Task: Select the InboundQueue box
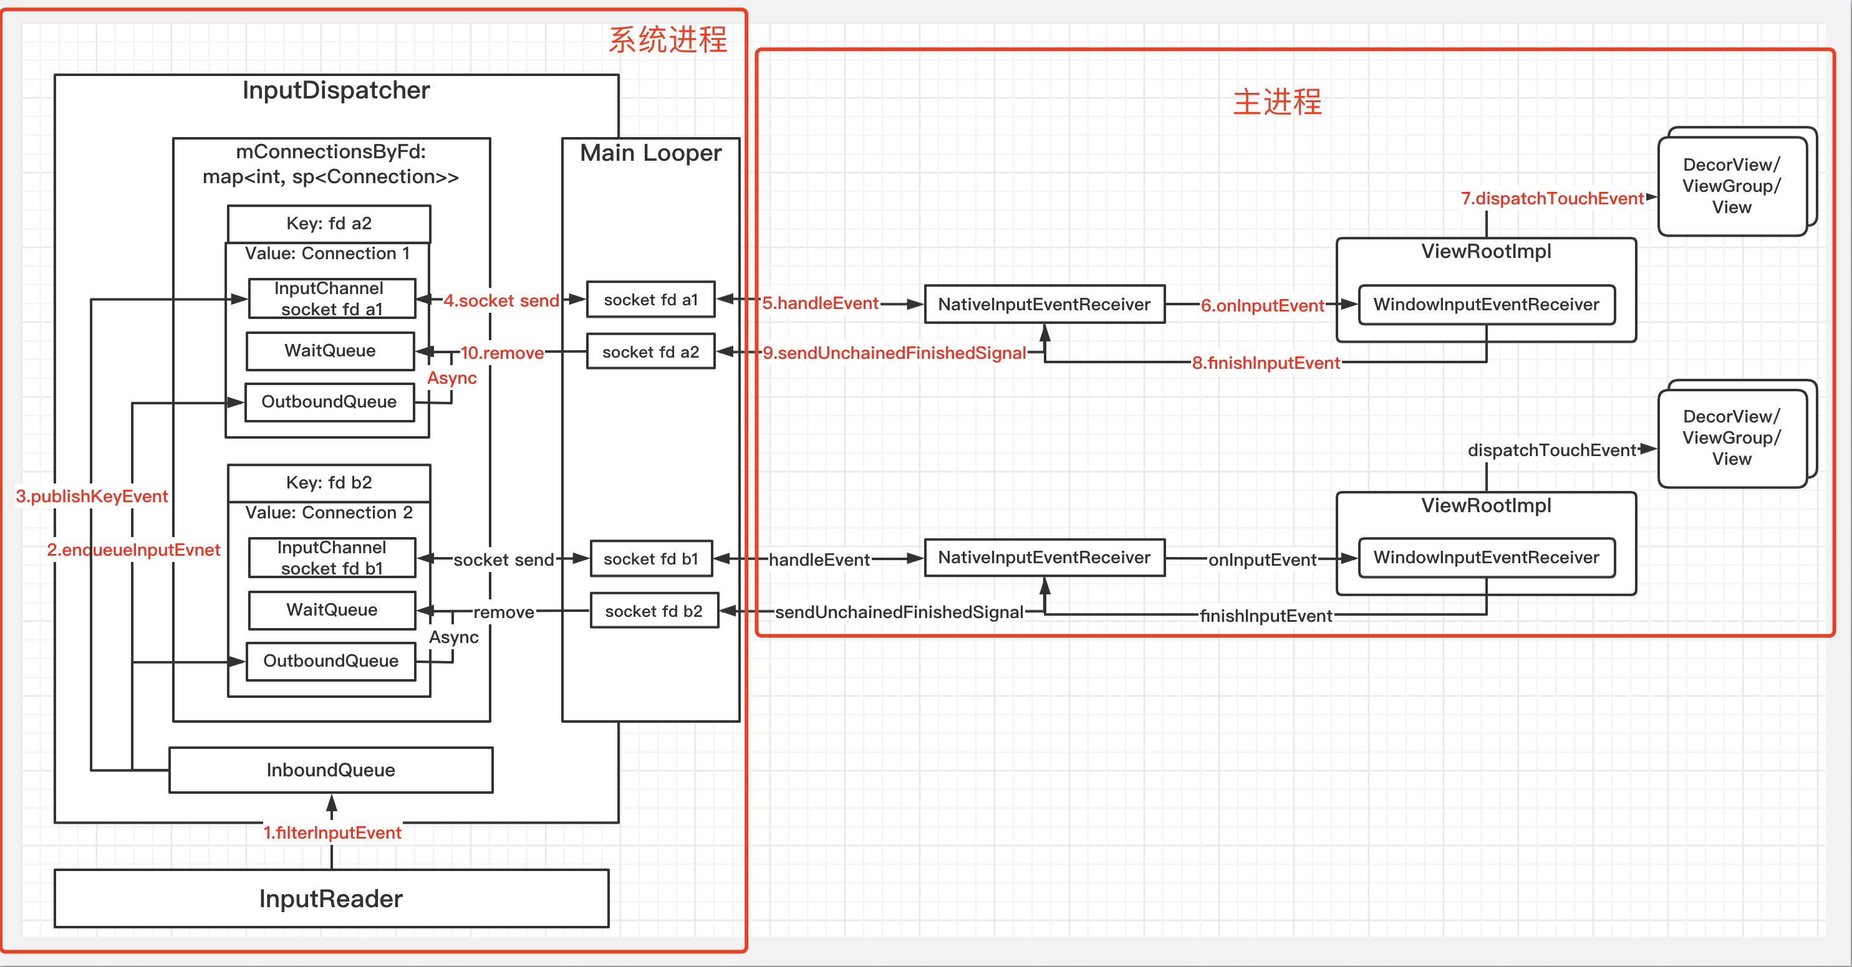pos(330,769)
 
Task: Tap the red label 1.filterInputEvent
pos(332,832)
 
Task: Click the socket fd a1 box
pos(650,299)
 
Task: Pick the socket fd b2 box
pos(654,611)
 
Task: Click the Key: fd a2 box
pos(329,224)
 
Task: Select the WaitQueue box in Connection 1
pos(330,351)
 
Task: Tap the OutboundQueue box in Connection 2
pos(330,660)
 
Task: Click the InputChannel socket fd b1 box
pos(332,558)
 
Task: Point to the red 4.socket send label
pos(501,300)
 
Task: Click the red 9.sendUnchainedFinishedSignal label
pos(894,353)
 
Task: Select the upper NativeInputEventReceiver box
pos(1044,304)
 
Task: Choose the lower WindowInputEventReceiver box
pos(1486,558)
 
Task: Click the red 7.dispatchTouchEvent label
pos(1551,198)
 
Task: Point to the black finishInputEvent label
pos(1265,616)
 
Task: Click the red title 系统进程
pos(667,39)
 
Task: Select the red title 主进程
pos(1277,102)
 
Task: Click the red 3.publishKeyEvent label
pos(91,496)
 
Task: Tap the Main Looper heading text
pos(650,153)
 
